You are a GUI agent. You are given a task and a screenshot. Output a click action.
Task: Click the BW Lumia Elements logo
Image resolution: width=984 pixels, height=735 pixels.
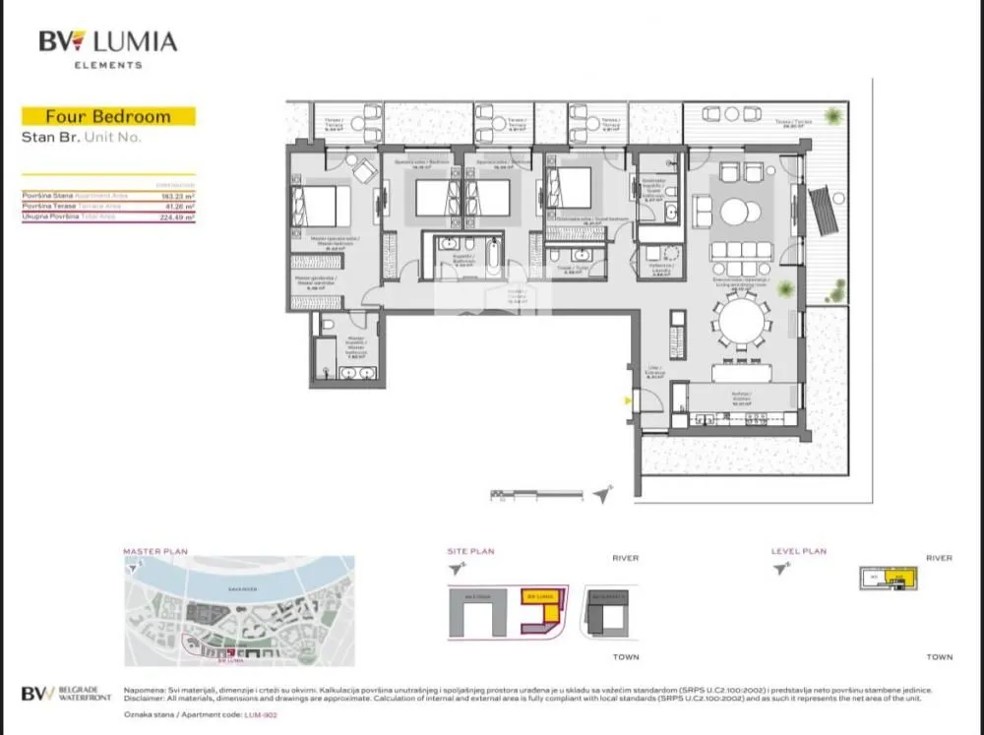pos(107,48)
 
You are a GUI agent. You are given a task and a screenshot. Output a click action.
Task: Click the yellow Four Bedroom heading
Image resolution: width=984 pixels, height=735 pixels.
pos(108,116)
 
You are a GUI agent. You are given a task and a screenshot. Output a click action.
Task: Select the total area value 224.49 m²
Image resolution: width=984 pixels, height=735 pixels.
pos(178,217)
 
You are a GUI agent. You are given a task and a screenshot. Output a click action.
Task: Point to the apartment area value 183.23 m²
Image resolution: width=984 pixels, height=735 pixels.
pos(178,196)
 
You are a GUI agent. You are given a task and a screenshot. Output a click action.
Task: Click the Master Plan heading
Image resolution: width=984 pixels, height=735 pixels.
pos(155,552)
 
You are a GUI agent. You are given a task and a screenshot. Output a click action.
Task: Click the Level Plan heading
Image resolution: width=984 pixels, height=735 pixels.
pos(799,552)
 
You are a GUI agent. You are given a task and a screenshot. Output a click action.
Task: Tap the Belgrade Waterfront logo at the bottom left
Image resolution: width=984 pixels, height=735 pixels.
pos(66,693)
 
